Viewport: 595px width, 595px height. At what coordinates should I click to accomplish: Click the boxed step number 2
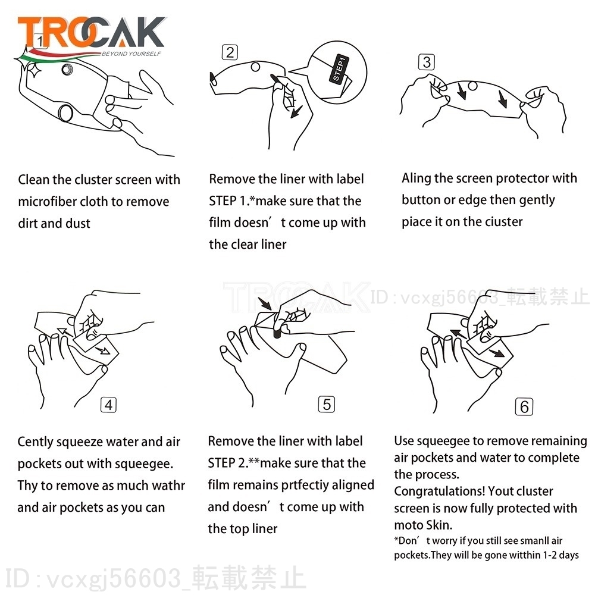point(230,52)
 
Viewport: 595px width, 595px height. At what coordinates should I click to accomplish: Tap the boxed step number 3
point(427,62)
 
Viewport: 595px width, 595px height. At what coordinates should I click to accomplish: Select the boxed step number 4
point(108,405)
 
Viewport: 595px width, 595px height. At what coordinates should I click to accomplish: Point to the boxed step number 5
point(326,404)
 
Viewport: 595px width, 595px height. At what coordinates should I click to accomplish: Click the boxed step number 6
point(524,407)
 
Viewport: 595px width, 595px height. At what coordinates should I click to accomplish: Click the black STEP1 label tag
point(339,68)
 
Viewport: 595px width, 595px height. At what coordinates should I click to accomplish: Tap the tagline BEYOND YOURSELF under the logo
point(131,54)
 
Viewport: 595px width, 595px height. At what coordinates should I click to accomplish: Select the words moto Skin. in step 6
point(424,525)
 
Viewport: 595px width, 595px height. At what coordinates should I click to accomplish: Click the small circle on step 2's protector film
point(256,67)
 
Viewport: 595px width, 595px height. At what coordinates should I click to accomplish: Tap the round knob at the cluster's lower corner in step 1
point(65,112)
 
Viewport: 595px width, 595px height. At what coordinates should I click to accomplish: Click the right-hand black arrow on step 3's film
point(502,99)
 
